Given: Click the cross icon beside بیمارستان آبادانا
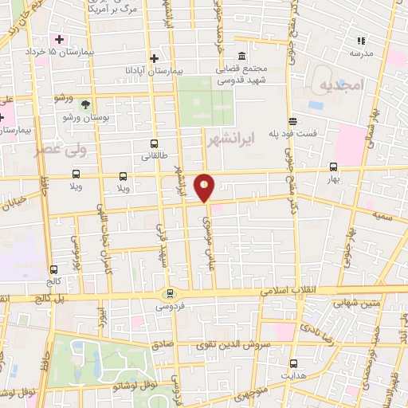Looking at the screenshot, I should (155, 58).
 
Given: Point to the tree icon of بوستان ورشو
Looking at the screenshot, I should (85, 104).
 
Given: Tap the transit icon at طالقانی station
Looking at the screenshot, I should (154, 144).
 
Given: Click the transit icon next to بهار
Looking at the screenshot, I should (333, 167).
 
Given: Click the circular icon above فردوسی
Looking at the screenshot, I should (168, 293).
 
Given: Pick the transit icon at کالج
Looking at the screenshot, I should (53, 269).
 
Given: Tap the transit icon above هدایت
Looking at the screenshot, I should (293, 363).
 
